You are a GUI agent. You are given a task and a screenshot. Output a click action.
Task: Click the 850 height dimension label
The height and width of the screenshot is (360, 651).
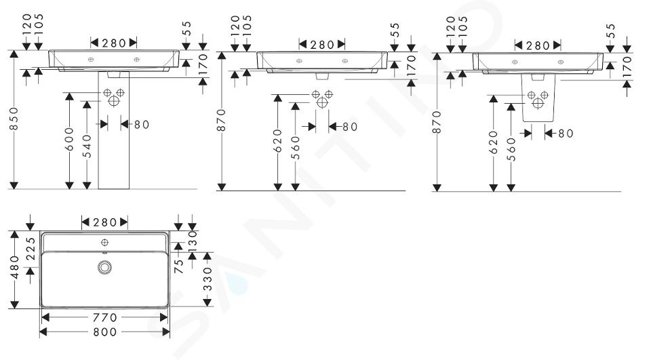point(14,119)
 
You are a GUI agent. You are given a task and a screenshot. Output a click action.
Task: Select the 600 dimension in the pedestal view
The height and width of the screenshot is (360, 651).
point(69,139)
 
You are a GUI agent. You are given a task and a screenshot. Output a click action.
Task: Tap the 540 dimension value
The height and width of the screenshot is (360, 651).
point(87,146)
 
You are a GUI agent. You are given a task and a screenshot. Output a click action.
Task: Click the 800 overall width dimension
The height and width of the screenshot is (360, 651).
point(104,332)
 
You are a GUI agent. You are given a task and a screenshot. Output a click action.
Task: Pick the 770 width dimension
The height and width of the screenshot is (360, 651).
point(104,318)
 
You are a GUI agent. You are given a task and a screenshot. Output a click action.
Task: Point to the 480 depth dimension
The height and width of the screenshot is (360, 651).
point(14,267)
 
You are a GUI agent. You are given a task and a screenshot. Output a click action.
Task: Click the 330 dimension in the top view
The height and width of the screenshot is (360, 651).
point(208,279)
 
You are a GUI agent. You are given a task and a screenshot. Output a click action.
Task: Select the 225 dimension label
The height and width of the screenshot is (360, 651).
point(31,249)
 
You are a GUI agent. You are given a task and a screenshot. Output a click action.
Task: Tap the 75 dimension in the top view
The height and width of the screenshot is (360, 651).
point(178,266)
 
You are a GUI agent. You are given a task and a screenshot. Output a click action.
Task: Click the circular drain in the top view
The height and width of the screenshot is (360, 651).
point(104,267)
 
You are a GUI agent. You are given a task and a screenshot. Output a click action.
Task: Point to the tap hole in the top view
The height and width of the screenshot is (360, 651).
point(104,241)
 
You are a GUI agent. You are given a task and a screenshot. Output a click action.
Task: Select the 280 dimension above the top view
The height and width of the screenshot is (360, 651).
point(104,222)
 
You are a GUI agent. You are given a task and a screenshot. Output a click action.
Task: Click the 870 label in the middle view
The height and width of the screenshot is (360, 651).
point(222,121)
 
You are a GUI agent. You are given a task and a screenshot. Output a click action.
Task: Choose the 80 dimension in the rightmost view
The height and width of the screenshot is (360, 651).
point(566,134)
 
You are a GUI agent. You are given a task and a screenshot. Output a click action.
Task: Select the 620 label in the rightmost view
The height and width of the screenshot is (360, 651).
point(493,142)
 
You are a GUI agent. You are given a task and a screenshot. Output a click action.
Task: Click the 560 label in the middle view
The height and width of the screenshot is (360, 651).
point(295,148)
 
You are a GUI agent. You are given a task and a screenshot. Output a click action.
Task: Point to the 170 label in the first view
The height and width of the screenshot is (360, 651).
point(203,64)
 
